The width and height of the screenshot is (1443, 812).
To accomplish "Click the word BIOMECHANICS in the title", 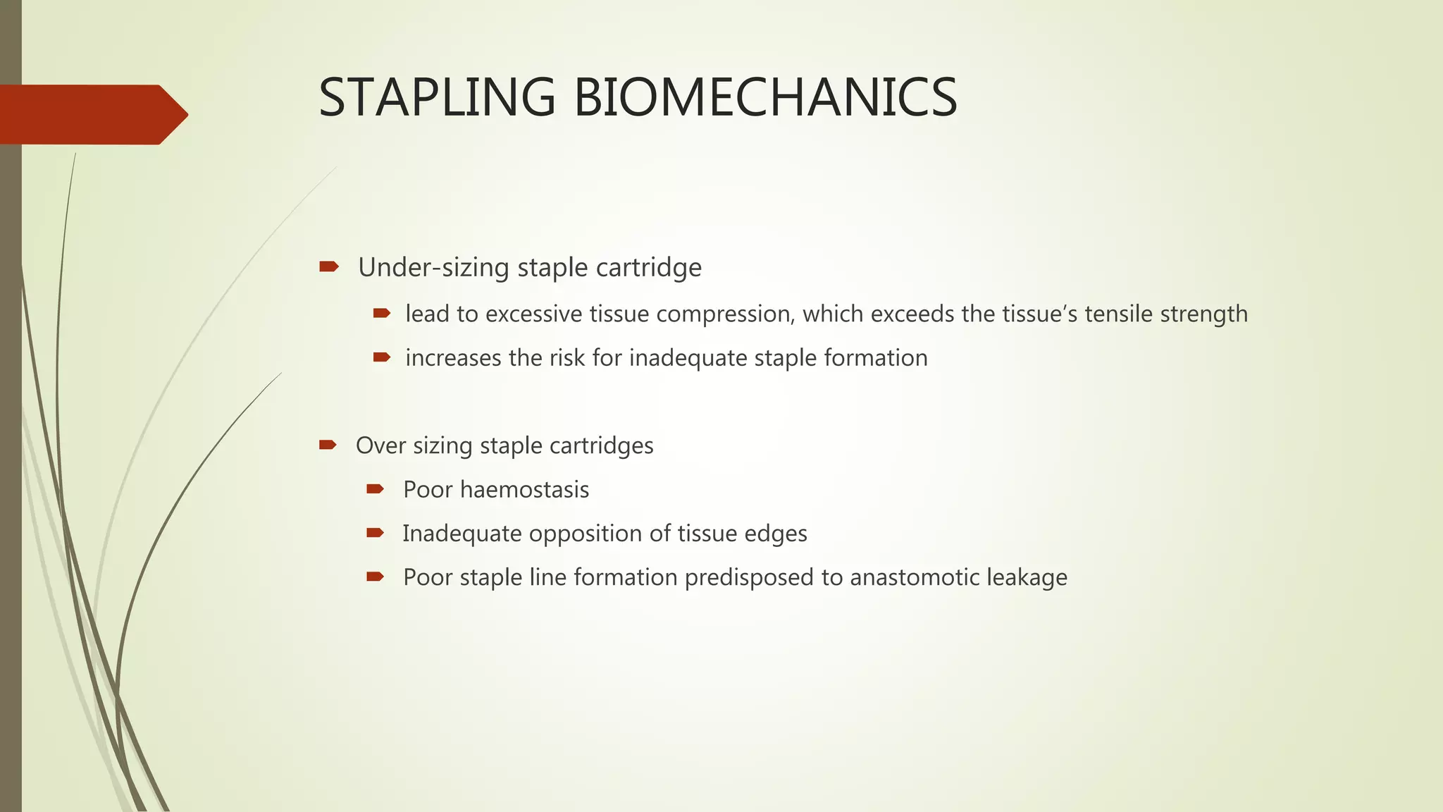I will pyautogui.click(x=765, y=97).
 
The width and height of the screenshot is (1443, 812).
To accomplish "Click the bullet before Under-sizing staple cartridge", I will pyautogui.click(x=328, y=266).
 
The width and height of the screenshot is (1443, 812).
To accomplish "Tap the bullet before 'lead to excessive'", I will pyautogui.click(x=381, y=313).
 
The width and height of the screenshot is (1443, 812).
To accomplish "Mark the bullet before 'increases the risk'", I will pyautogui.click(x=381, y=357).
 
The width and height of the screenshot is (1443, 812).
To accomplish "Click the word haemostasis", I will pyautogui.click(x=524, y=490).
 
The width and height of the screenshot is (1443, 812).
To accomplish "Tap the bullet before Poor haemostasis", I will pyautogui.click(x=375, y=488).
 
